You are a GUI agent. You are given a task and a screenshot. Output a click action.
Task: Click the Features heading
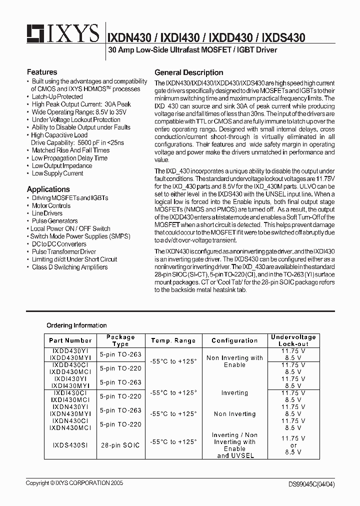42,72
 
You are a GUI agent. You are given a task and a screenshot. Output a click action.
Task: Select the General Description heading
188,72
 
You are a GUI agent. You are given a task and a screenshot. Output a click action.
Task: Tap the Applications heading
48,189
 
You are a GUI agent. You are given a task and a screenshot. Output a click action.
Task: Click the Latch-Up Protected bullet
57,96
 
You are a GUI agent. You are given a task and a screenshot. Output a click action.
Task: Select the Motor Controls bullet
51,205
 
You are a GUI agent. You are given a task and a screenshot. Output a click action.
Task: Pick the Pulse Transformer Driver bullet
63,251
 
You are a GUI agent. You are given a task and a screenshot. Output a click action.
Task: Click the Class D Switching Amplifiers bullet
69,267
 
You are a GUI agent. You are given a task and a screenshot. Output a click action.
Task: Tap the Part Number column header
70,340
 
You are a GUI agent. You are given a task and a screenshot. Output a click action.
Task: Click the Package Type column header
120,340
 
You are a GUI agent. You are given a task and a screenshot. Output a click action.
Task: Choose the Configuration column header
234,340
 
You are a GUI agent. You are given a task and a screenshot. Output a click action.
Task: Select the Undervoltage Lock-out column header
293,340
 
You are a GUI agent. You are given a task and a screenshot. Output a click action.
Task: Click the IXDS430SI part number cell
70,445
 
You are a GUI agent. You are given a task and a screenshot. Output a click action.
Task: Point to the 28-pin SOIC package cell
120,445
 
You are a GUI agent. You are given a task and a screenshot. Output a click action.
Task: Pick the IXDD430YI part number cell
70,351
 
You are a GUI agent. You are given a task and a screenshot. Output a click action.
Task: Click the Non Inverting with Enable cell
234,361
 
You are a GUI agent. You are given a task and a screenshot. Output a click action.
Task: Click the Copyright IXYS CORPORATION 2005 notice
74,483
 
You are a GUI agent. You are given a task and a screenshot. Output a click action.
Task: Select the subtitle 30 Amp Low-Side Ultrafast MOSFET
192,50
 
